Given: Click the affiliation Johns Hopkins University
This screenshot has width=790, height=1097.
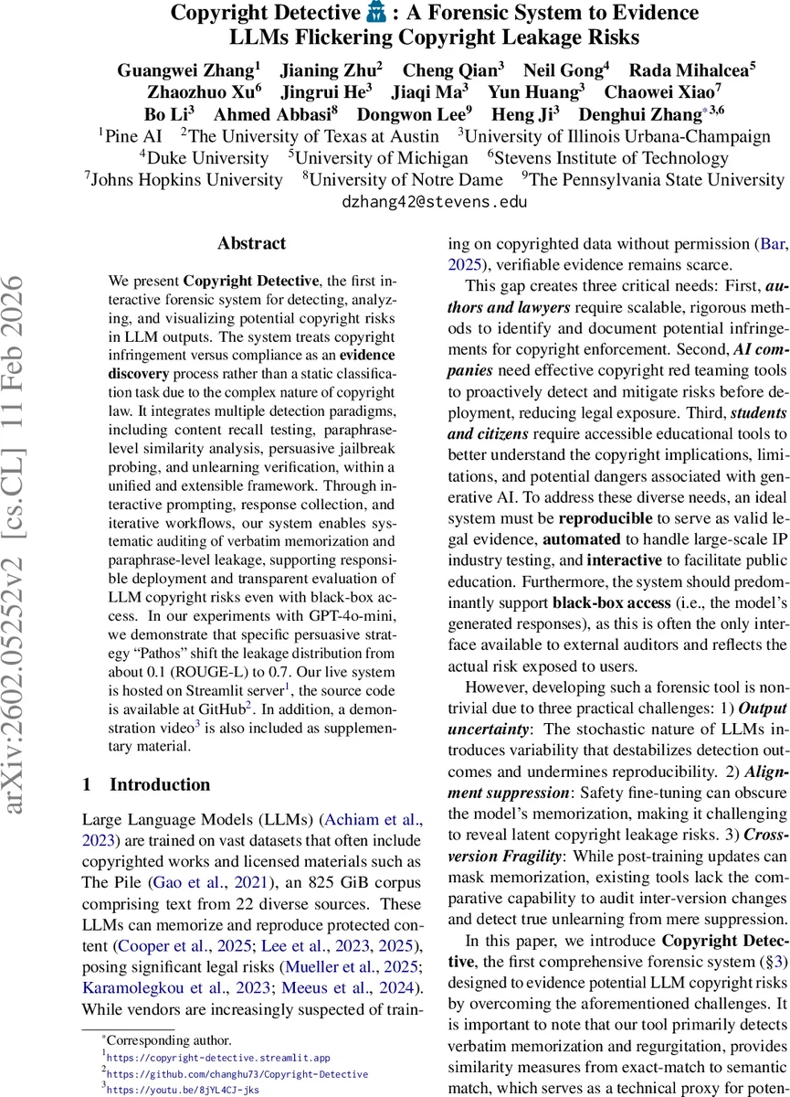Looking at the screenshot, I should click(184, 180).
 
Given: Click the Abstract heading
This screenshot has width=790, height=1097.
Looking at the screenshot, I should click(251, 244).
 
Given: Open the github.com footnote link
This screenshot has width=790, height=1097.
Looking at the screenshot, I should click(237, 1073).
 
